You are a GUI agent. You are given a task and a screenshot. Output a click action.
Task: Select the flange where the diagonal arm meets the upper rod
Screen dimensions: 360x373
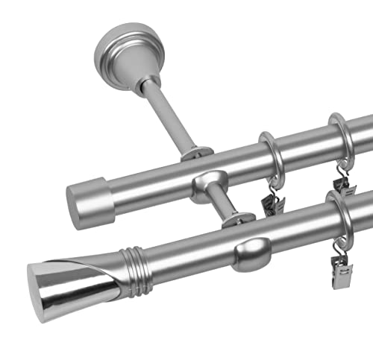click(196, 154)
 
